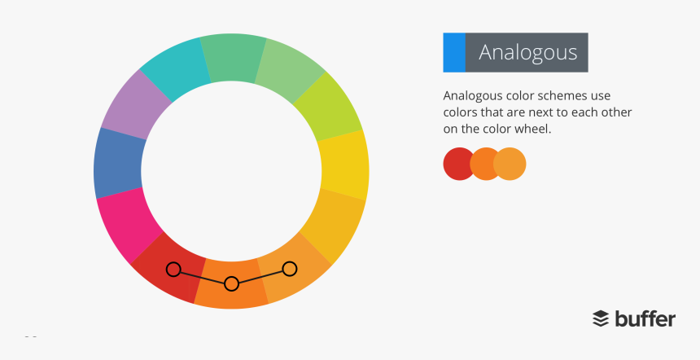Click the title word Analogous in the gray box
[527, 52]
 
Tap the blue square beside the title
[453, 52]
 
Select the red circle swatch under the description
[458, 164]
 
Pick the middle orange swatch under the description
[485, 164]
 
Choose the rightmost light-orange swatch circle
[511, 164]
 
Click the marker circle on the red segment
[173, 269]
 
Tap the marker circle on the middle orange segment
[231, 283]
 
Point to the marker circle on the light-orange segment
[289, 268]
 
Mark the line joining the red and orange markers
[202, 276]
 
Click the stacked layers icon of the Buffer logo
[601, 318]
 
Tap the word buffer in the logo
[645, 318]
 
